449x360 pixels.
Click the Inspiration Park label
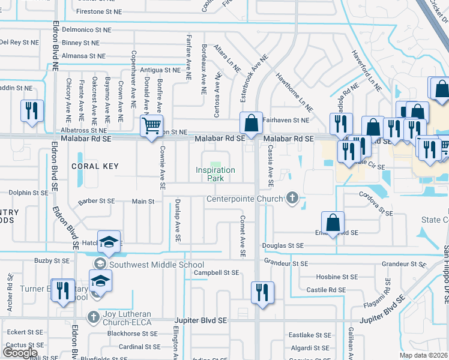(x=215, y=174)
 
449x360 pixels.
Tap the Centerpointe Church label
(x=246, y=199)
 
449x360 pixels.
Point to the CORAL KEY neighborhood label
(x=95, y=166)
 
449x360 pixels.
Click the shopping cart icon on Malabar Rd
(x=151, y=127)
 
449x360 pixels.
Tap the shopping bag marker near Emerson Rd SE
(x=333, y=222)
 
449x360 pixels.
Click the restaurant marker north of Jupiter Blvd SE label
(x=262, y=292)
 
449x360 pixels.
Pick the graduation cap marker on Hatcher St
(x=109, y=241)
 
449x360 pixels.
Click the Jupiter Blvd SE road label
(x=200, y=321)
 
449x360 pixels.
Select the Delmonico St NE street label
(x=86, y=29)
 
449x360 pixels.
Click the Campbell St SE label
(x=216, y=273)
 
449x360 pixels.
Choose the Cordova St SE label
(x=375, y=213)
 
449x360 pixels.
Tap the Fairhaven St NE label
(x=286, y=120)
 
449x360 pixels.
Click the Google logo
(x=20, y=352)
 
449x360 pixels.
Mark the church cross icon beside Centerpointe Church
(x=292, y=197)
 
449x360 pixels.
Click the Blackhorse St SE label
(x=133, y=334)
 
